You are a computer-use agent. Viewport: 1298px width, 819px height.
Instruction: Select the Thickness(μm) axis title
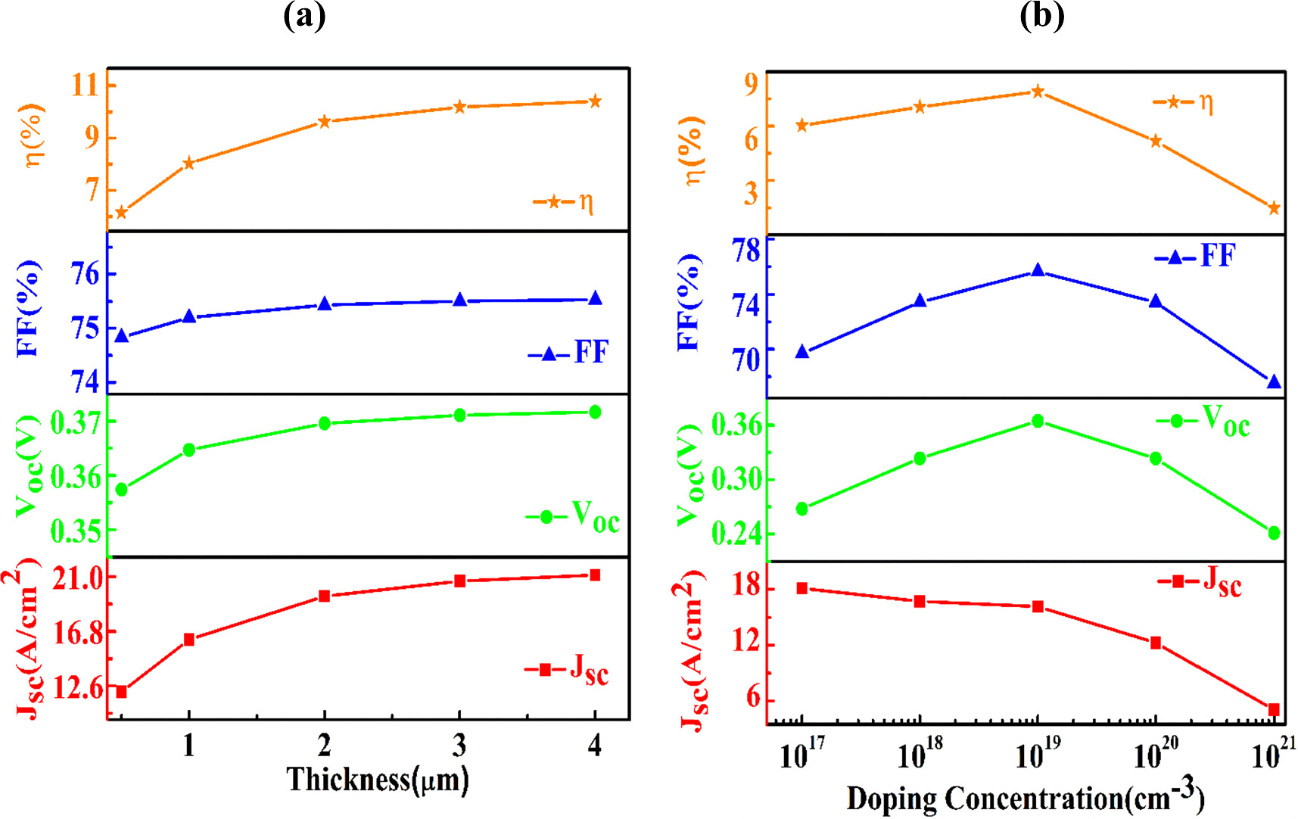coord(378,780)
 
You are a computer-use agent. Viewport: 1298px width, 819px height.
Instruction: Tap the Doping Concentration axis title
coord(1025,799)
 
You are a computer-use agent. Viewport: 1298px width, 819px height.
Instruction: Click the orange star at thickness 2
coord(325,121)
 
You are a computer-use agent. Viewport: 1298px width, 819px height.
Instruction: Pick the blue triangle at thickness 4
coord(595,298)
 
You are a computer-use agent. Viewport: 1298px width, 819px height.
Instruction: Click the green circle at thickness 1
coord(189,450)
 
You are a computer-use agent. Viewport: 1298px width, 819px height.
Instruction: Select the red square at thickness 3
coord(459,581)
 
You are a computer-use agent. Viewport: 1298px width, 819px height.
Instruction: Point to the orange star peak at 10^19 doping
coord(1038,92)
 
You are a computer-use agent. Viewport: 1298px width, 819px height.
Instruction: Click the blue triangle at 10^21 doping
coord(1274,382)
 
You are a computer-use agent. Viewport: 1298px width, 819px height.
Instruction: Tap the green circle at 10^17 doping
coord(802,509)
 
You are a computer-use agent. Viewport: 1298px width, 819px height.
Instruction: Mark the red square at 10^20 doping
coord(1156,643)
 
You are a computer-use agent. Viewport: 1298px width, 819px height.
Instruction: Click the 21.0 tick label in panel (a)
coord(77,579)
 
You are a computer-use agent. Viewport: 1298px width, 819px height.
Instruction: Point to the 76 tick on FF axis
coord(86,274)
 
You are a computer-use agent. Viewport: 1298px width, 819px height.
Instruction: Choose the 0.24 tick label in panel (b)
coord(736,534)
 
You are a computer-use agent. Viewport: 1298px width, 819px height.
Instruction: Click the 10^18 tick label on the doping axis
coord(920,754)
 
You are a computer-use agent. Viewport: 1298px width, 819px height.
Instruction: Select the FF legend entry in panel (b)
coord(1196,256)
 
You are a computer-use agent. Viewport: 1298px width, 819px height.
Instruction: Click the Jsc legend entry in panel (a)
coord(567,670)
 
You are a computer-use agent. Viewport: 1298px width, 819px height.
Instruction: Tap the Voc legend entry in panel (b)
coord(1203,420)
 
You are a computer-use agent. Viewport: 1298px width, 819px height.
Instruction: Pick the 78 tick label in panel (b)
coord(745,251)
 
